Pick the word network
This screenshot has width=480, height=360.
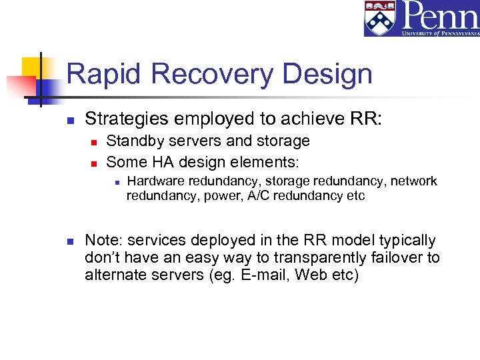[x=413, y=181]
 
